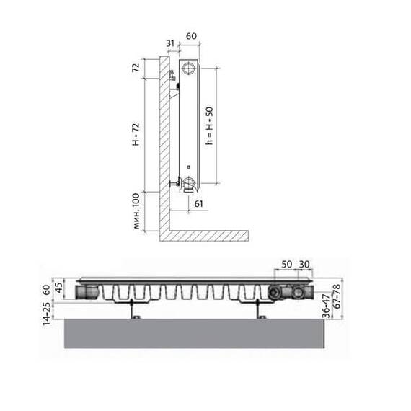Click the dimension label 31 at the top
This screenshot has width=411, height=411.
pyautogui.click(x=170, y=43)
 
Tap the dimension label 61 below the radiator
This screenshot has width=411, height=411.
pyautogui.click(x=199, y=203)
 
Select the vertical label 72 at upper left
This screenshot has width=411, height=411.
pyautogui.click(x=136, y=68)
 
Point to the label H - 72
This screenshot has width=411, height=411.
pyautogui.click(x=136, y=134)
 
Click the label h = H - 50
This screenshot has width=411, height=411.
pyautogui.click(x=209, y=125)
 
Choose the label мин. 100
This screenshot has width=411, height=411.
pyautogui.click(x=136, y=211)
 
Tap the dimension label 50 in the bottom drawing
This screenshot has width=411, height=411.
pyautogui.click(x=287, y=264)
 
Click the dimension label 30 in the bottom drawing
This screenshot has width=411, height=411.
pyautogui.click(x=304, y=264)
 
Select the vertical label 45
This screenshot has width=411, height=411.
pyautogui.click(x=59, y=288)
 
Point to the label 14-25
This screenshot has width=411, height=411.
pyautogui.click(x=47, y=314)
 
